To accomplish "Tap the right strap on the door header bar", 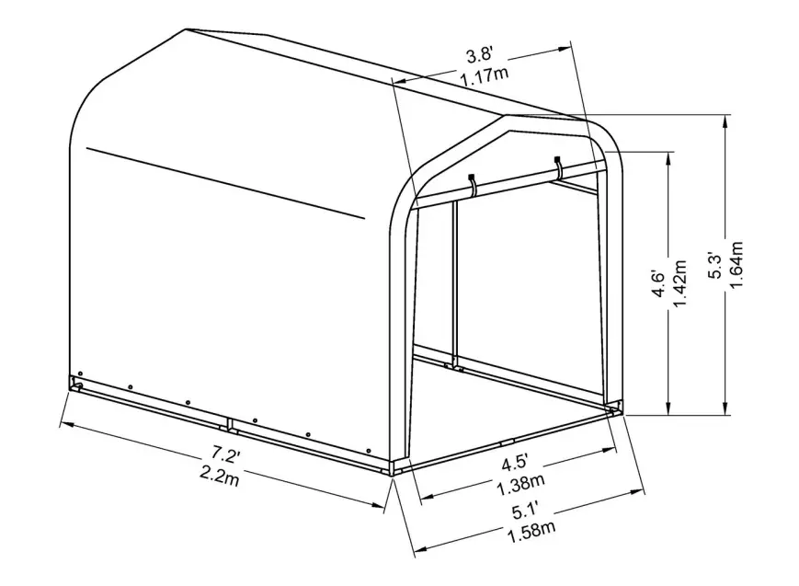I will click(558, 167).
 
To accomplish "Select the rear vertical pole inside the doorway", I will click(455, 285).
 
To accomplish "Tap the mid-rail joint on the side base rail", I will click(229, 426).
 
